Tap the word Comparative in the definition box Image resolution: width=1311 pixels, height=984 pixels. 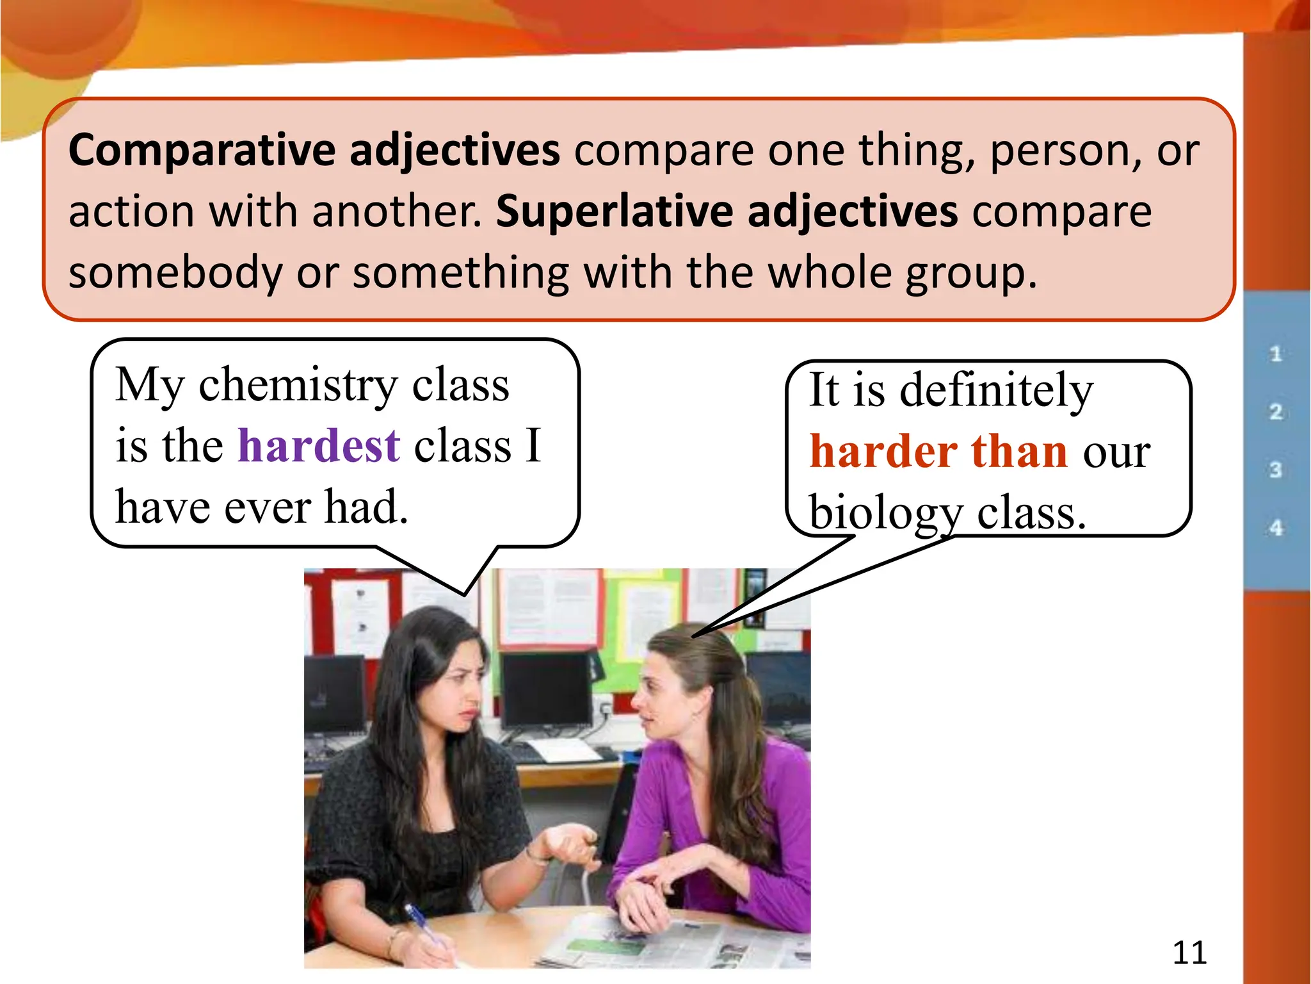pos(201,151)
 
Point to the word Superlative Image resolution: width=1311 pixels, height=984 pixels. pos(614,211)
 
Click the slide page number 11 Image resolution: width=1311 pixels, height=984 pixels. pos(1189,953)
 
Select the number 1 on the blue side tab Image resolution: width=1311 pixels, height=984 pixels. pos(1276,354)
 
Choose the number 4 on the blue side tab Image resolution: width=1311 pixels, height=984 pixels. pos(1276,529)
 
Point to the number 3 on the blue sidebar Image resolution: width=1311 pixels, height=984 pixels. pos(1276,470)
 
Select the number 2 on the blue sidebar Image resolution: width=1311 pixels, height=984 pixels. pos(1276,412)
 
